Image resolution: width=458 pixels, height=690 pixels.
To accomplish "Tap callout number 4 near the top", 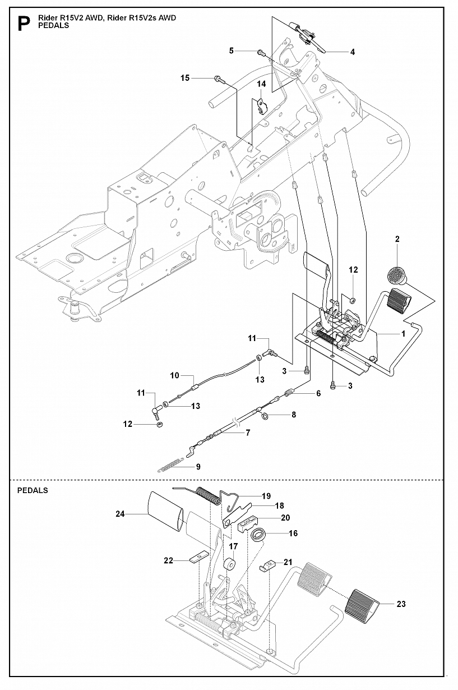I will point(352,52).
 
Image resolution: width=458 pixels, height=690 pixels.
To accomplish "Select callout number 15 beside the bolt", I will point(185,78).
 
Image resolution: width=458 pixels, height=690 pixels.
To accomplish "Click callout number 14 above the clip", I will point(261,84).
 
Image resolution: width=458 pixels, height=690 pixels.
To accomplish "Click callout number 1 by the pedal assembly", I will point(403,333).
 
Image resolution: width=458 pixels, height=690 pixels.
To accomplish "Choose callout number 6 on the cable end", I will point(318,393).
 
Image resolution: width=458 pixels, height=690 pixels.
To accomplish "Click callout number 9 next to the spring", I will point(174,375).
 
